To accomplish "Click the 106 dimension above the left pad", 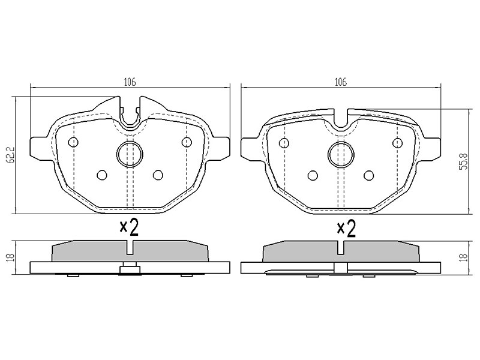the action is tap(130, 82).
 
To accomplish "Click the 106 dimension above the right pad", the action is tap(341, 82).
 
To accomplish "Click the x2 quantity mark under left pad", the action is tap(129, 228).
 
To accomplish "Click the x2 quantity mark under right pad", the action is tap(346, 229).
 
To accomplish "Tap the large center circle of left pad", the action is tap(130, 155).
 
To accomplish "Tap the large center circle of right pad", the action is tap(341, 155).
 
